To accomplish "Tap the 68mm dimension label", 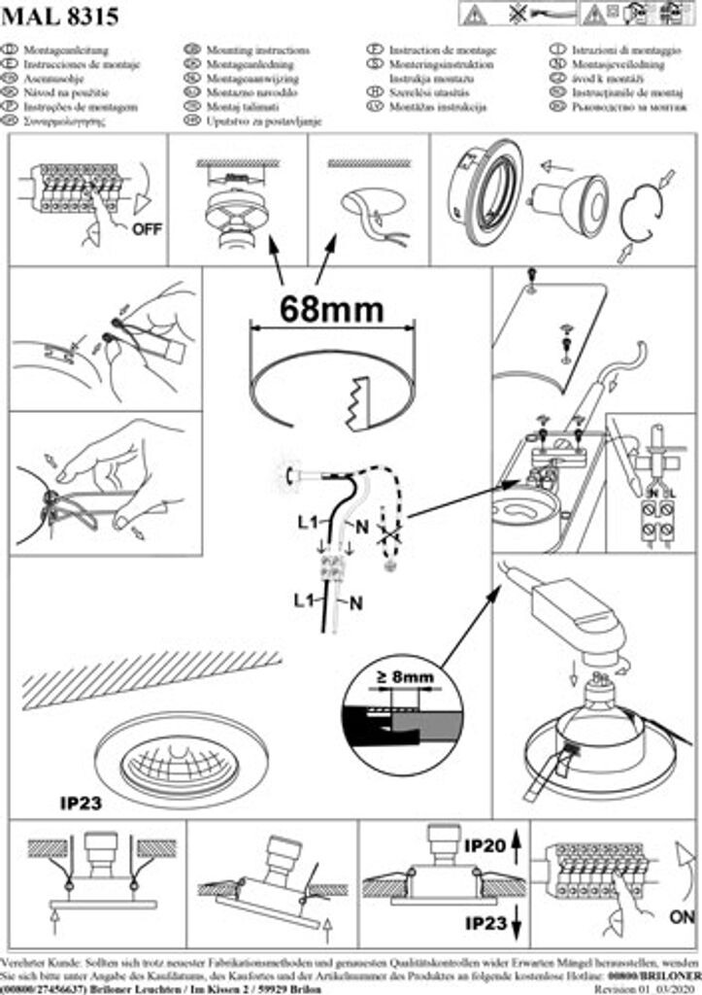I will pyautogui.click(x=331, y=308).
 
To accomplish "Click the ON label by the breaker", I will pyautogui.click(x=683, y=915).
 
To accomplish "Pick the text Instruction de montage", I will pyautogui.click(x=443, y=50).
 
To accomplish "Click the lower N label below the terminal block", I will pyautogui.click(x=356, y=602).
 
